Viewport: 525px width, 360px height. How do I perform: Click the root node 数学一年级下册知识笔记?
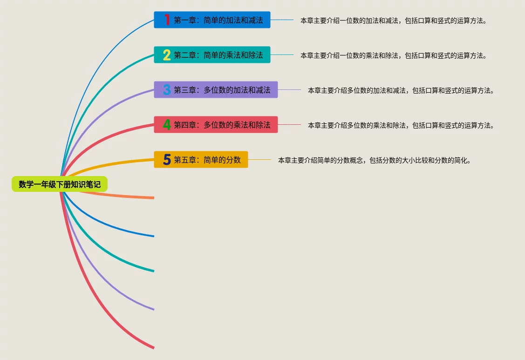[x=60, y=184]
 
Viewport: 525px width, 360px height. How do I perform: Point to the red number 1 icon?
[x=167, y=20]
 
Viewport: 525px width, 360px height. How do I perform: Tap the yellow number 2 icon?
[x=167, y=55]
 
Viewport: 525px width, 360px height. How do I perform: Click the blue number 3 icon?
[x=167, y=90]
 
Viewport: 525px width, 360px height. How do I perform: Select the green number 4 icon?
[x=167, y=125]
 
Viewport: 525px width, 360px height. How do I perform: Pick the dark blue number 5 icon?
[x=167, y=160]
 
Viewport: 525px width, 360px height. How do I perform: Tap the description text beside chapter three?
[x=401, y=90]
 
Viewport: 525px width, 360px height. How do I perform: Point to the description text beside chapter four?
[x=401, y=125]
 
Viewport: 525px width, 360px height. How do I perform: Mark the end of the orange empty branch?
[x=153, y=198]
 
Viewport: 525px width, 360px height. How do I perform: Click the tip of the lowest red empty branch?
[x=153, y=347]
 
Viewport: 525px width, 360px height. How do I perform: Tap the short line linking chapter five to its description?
[x=259, y=160]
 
